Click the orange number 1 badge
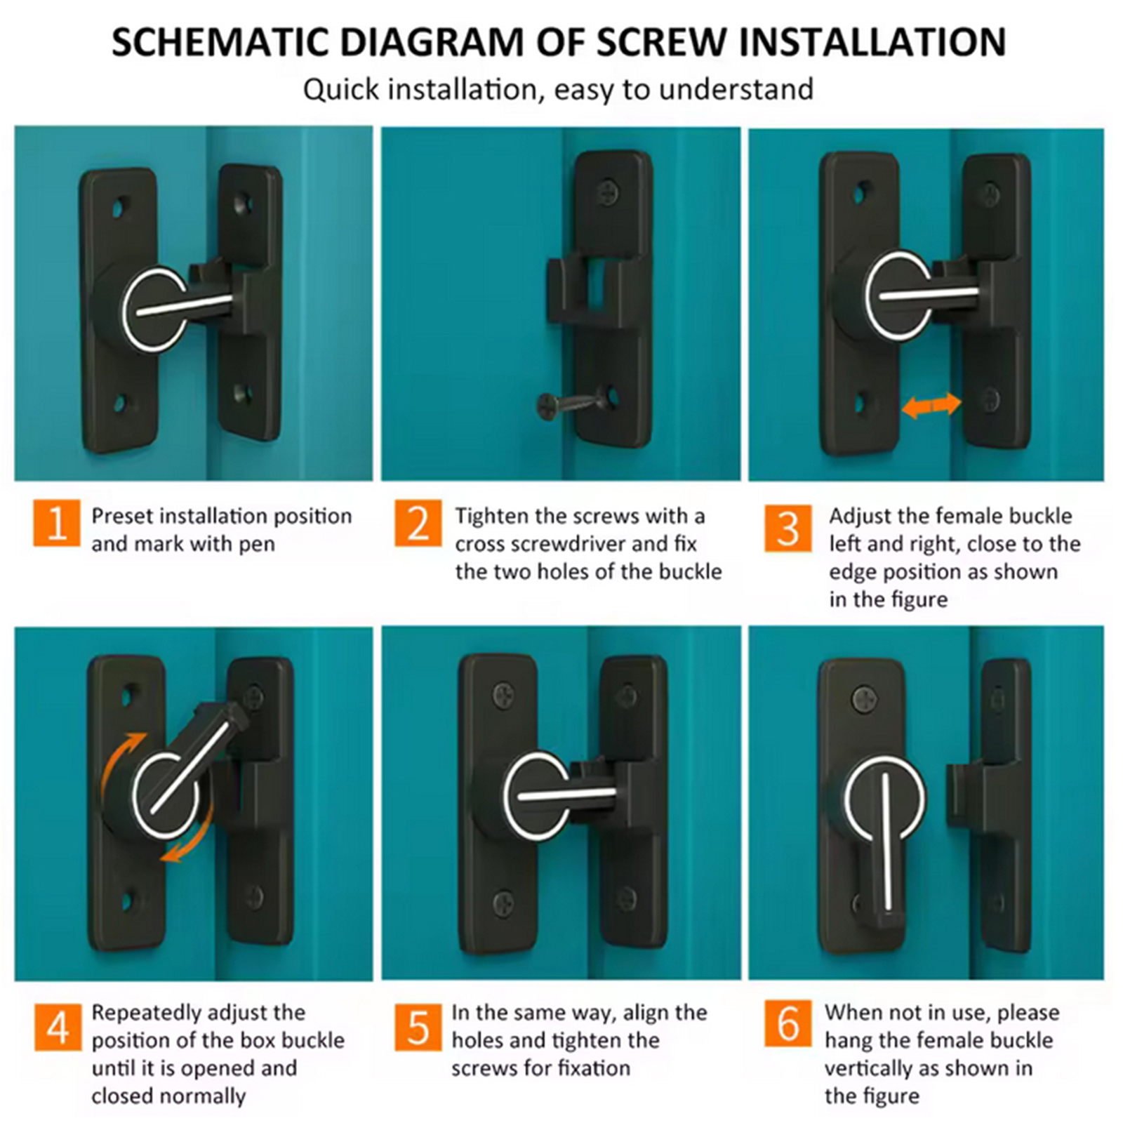[56, 523]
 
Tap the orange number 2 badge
[418, 523]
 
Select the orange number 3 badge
[788, 528]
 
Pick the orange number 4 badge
[58, 1028]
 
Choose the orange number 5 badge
[418, 1028]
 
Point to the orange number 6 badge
[788, 1023]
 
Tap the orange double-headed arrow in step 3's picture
[931, 405]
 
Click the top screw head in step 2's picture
[610, 189]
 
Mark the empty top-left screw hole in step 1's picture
[121, 208]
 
